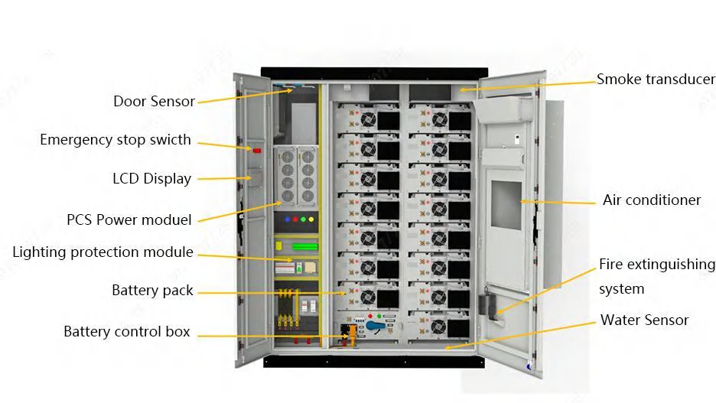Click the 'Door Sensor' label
pyautogui.click(x=154, y=101)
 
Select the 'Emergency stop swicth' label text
pyautogui.click(x=115, y=140)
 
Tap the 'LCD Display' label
pyautogui.click(x=151, y=178)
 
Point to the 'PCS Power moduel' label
pyautogui.click(x=129, y=219)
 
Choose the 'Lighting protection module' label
pyautogui.click(x=103, y=252)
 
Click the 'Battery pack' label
pyautogui.click(x=152, y=291)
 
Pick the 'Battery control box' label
pyautogui.click(x=126, y=331)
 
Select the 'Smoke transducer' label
pyautogui.click(x=656, y=79)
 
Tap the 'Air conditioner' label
pyautogui.click(x=652, y=200)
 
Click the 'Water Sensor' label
pyautogui.click(x=644, y=320)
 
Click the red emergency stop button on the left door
pyautogui.click(x=256, y=150)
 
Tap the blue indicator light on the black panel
pyautogui.click(x=287, y=219)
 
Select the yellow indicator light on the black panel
pyautogui.click(x=311, y=219)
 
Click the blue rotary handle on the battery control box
pyautogui.click(x=376, y=326)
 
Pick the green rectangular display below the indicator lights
pyautogui.click(x=304, y=247)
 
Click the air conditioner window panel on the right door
pyautogui.click(x=506, y=206)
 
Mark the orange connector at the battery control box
pyautogui.click(x=352, y=335)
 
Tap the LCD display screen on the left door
pyautogui.click(x=255, y=178)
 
